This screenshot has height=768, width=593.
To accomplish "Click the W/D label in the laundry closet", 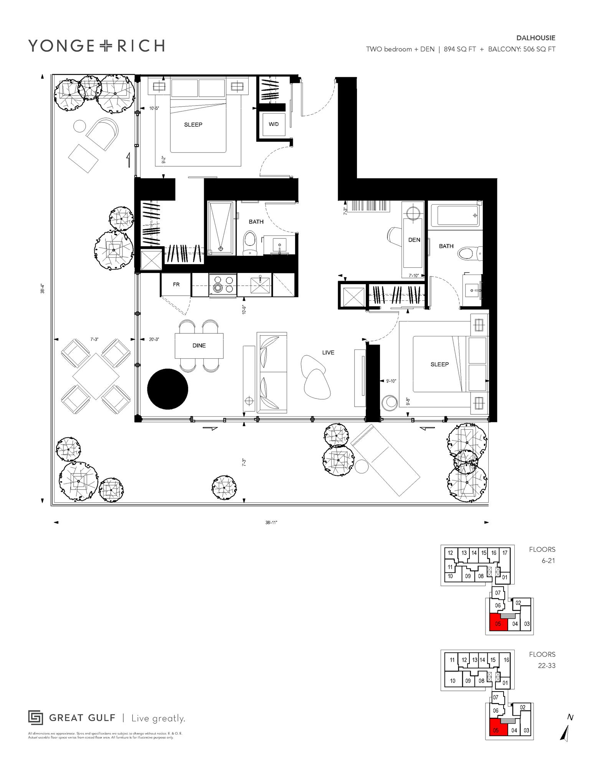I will (x=273, y=124).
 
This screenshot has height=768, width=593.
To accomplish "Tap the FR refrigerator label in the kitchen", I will (x=176, y=285).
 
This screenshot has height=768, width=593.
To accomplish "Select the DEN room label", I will (x=414, y=240).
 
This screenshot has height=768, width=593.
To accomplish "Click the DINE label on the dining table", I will (x=199, y=346).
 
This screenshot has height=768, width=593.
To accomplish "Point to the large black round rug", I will (x=168, y=389).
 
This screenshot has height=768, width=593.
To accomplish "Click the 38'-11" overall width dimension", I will (x=271, y=523).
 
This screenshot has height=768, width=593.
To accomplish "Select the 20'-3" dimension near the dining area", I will (x=154, y=339).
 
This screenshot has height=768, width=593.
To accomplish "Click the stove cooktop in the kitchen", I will (x=223, y=285).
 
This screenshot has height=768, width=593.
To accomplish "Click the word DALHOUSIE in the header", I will (x=535, y=38).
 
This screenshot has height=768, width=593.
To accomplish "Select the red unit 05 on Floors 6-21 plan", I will (x=498, y=624).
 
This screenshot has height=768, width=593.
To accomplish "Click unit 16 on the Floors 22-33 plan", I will (x=506, y=660).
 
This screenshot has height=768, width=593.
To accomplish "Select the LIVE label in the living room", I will (x=328, y=353).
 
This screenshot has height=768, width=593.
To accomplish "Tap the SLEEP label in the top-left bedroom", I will (x=193, y=125).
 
